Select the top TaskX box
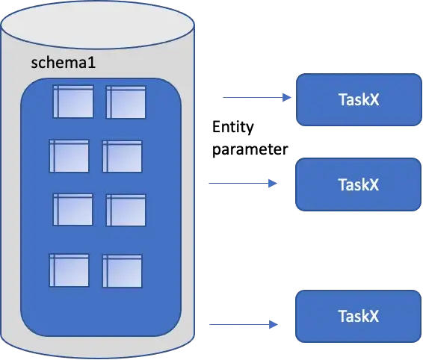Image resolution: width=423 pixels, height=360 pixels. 358,99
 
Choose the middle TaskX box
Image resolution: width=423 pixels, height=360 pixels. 358,183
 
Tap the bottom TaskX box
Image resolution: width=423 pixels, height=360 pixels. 358,316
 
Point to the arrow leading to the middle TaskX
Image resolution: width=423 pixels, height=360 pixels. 239,181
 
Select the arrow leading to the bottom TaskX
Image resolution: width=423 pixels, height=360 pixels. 243,325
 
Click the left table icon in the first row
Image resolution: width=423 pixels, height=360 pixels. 72,102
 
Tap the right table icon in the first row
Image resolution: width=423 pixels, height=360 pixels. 126,102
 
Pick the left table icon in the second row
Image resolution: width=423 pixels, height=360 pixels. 69,155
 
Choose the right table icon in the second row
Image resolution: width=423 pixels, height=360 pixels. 122,155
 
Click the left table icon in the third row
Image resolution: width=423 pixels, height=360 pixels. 72,209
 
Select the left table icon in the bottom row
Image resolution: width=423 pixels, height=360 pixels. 69,270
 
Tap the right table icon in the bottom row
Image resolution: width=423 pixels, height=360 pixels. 122,270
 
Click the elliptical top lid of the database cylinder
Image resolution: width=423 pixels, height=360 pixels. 99,26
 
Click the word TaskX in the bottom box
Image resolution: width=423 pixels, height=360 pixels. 358,316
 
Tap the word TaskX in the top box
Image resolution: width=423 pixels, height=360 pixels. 358,99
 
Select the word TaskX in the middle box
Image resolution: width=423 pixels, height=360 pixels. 358,183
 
